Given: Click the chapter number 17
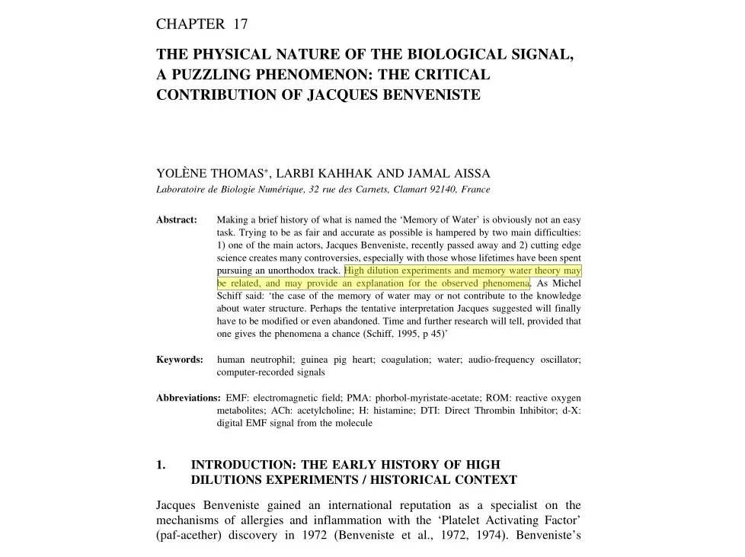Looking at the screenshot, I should (x=241, y=24).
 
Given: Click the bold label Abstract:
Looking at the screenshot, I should (x=177, y=220).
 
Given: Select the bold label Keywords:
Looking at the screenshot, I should (x=180, y=360).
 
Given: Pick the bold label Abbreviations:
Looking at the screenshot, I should (x=188, y=398).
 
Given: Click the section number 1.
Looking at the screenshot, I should (x=160, y=465).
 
